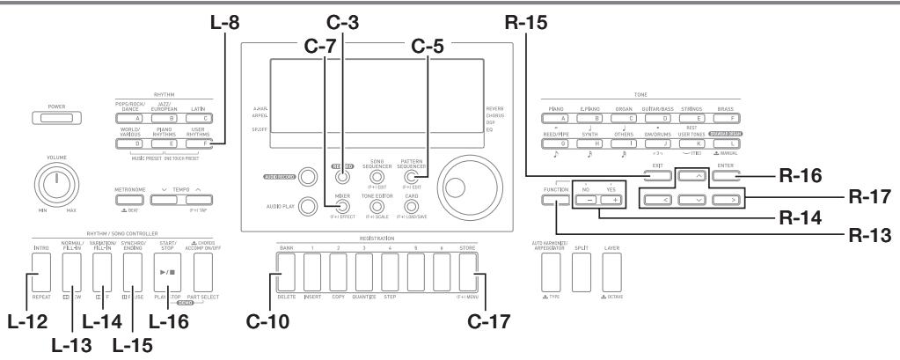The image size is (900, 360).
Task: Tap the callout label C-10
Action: click(x=250, y=335)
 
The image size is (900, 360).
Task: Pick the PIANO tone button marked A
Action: click(x=565, y=115)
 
